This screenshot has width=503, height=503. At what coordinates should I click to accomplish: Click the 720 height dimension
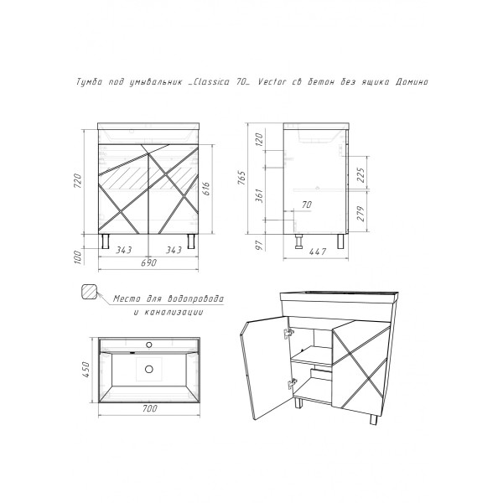pos(78,181)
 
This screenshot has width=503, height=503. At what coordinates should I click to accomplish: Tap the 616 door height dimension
pos(206,189)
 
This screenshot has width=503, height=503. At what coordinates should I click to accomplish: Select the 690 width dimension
pos(149,262)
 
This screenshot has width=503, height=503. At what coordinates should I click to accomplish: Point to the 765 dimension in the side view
pos(242,178)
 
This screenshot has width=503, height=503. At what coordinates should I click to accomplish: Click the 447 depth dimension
pos(319,252)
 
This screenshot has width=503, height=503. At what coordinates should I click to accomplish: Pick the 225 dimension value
pos(360,174)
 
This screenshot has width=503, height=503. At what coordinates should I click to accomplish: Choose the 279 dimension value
pos(360,214)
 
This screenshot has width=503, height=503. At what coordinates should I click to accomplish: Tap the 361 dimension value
pos(260,195)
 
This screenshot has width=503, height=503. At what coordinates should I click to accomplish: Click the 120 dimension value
pos(260,139)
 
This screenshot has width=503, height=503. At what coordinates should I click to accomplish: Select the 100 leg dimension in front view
pos(78,257)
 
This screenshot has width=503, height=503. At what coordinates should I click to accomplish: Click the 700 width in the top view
pos(149,409)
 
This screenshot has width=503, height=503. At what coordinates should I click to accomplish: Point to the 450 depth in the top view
pos(86,370)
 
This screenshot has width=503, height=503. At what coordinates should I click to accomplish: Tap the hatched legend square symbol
pos(89,292)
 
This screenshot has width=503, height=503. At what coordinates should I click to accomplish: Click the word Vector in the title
pos(272,82)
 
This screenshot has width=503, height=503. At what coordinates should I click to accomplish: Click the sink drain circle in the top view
pos(149,369)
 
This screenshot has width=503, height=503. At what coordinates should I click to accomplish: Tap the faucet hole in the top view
pos(149,345)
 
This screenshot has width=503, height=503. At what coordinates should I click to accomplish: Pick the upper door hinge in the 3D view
pos(288,333)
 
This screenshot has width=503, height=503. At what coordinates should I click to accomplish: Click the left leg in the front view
pos(106,241)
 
